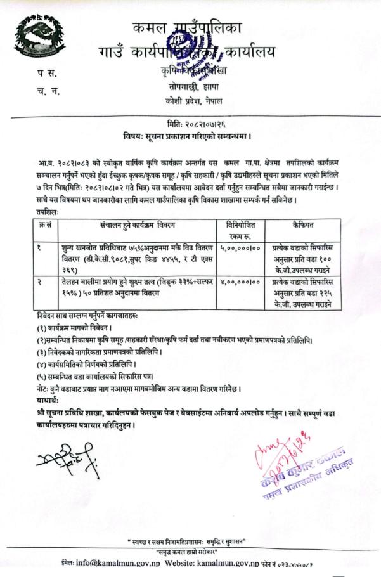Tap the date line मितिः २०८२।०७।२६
191,125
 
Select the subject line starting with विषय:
191,136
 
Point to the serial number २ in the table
39,280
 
